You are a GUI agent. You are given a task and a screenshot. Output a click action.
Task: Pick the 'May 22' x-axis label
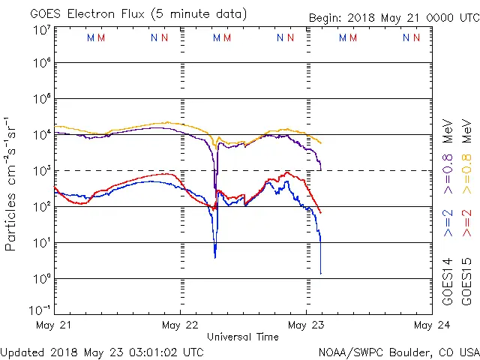(x=180, y=325)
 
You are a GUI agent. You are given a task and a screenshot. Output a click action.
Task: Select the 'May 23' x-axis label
(x=306, y=325)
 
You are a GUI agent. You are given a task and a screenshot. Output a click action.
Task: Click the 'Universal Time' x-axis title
(x=242, y=337)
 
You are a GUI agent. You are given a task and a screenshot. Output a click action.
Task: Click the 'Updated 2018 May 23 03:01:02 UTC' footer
(x=101, y=351)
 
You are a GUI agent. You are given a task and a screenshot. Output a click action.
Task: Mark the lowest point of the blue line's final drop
(x=320, y=274)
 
